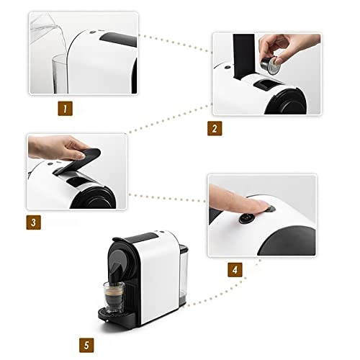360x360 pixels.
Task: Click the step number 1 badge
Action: [x=65, y=109]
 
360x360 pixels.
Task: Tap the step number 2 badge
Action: [x=215, y=128]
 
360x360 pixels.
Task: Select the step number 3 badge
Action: [x=33, y=222]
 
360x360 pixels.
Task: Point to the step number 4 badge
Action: [x=235, y=270]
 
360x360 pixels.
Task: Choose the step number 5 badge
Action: [x=86, y=346]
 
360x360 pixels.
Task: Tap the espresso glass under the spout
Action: [x=114, y=297]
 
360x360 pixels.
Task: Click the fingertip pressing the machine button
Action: [x=267, y=206]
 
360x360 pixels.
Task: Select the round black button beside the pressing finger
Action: [x=247, y=218]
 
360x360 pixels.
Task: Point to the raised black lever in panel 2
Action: [x=244, y=56]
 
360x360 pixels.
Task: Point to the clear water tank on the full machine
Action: [x=184, y=274]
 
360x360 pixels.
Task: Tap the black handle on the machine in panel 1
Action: [x=118, y=39]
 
